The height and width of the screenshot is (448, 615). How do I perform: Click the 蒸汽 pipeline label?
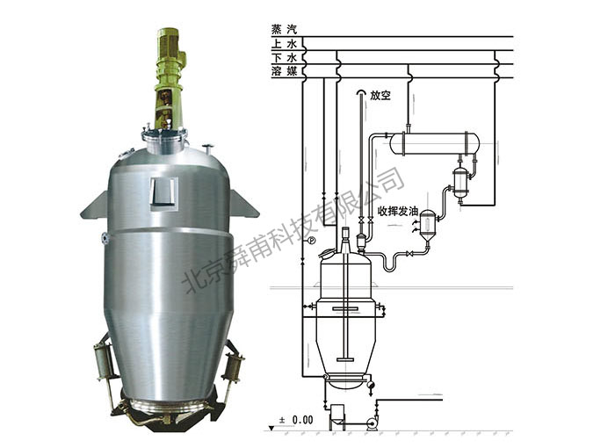(284, 29)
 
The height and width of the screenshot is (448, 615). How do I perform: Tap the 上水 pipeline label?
(284, 44)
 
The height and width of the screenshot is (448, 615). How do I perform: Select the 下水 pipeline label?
(284, 58)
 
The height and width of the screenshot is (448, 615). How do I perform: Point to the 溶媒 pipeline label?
(284, 71)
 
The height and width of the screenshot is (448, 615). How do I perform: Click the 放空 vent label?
(380, 96)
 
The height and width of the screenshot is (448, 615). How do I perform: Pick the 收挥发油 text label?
(398, 211)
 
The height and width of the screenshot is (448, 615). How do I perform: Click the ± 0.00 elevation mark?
(296, 420)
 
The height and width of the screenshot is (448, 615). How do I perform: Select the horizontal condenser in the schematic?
(435, 144)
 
